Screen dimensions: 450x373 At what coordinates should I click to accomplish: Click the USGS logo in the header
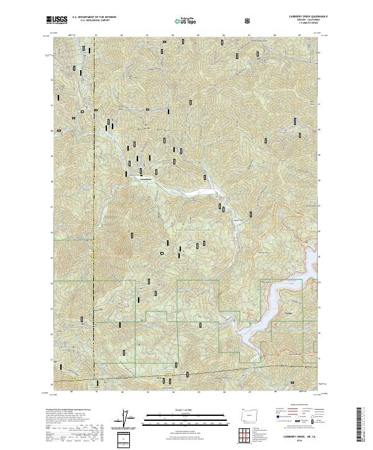pos(56,20)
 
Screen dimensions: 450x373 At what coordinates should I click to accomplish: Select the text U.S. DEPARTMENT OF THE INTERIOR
pos(93,18)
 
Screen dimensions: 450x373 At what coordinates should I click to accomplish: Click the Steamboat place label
pos(147,181)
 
